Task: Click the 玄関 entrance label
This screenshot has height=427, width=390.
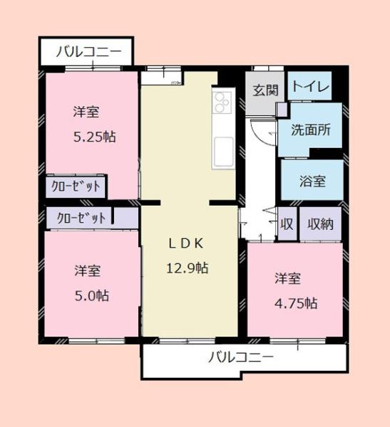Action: pyautogui.click(x=266, y=90)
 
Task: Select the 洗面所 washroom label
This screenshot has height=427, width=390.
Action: pyautogui.click(x=310, y=130)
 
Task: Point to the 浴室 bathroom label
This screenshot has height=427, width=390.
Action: pyautogui.click(x=311, y=180)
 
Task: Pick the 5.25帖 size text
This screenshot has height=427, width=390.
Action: pyautogui.click(x=94, y=137)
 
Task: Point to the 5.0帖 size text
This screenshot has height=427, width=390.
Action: pyautogui.click(x=91, y=295)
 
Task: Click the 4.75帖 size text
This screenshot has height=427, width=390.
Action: pyautogui.click(x=296, y=302)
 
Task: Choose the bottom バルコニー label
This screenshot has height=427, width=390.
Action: pyautogui.click(x=241, y=357)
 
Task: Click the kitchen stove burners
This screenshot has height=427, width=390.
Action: pyautogui.click(x=221, y=103)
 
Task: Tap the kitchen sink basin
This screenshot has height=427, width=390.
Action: pyautogui.click(x=221, y=151)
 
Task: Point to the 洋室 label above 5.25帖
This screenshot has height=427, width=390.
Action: pyautogui.click(x=86, y=112)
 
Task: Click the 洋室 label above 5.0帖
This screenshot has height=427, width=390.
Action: pyautogui.click(x=88, y=271)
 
